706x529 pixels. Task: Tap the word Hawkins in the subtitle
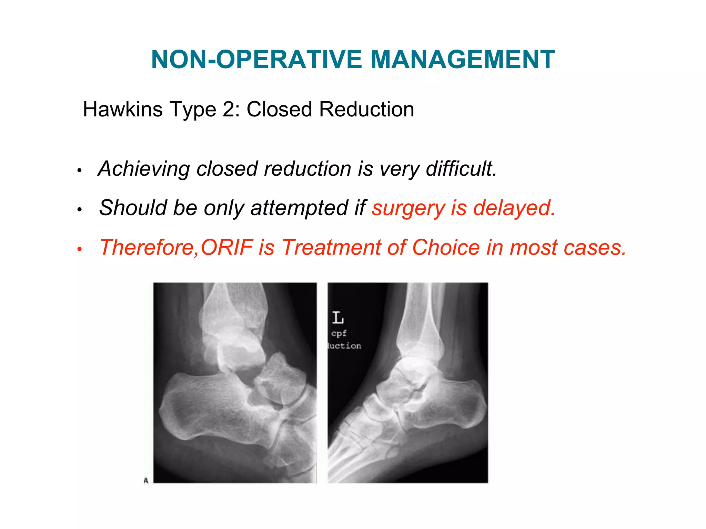[x=123, y=110]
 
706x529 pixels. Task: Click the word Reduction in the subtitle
[x=366, y=110]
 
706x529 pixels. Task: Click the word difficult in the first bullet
[x=461, y=169]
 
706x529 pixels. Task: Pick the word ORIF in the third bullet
[x=227, y=247]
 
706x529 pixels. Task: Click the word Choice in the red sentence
[x=446, y=247]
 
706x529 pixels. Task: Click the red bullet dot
[x=79, y=249]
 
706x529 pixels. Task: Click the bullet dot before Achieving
[x=79, y=170]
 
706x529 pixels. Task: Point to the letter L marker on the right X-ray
[x=338, y=318]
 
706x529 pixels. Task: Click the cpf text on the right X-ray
[x=339, y=333]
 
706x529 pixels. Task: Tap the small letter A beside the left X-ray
[x=146, y=480]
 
